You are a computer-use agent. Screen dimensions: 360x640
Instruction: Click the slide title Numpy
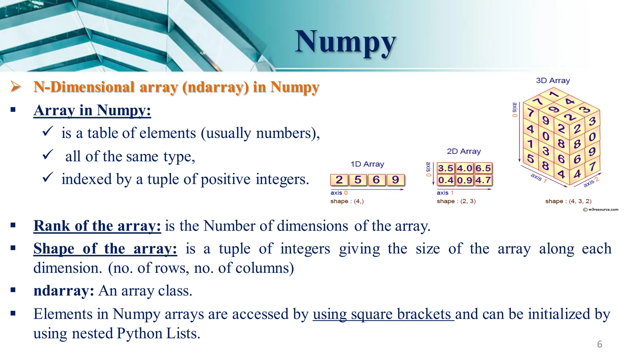(x=345, y=42)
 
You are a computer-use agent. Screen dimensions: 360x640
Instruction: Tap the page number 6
(x=599, y=344)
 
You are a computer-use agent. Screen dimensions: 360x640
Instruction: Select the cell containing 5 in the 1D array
(x=358, y=180)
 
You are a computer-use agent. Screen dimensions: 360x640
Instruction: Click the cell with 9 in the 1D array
(x=395, y=180)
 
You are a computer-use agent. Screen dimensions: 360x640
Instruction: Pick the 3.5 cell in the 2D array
(x=446, y=168)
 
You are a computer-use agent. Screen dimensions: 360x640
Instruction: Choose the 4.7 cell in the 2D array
(x=483, y=180)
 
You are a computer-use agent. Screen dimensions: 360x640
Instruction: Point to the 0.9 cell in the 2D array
(x=464, y=180)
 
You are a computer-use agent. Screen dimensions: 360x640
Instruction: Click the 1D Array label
(x=367, y=164)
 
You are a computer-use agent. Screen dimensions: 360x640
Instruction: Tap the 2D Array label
(x=464, y=151)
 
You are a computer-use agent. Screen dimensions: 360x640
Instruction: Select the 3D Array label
(x=553, y=81)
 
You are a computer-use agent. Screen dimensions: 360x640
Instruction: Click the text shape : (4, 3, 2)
(x=568, y=201)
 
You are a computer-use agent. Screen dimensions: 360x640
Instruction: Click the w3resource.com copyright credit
(x=601, y=209)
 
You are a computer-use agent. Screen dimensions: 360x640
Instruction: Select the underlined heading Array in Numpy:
(x=92, y=111)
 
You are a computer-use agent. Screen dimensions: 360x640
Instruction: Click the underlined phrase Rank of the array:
(x=97, y=226)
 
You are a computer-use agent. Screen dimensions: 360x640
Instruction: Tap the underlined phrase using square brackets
(x=383, y=314)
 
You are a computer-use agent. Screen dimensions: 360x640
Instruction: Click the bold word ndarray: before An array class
(x=64, y=291)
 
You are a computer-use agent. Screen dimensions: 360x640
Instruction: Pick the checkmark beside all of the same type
(x=47, y=155)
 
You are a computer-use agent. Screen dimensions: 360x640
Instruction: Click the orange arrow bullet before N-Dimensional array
(x=16, y=86)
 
